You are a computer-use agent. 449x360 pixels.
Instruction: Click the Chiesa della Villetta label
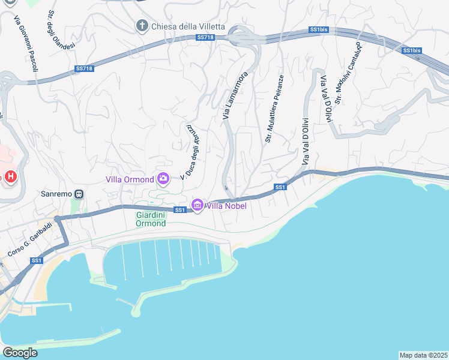click(188, 26)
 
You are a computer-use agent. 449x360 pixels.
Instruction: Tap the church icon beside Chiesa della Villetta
click(142, 26)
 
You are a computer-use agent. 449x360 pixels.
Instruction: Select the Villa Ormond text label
click(130, 179)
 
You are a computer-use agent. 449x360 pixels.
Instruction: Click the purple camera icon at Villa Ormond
click(163, 178)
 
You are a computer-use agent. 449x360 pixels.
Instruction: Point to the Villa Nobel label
click(226, 206)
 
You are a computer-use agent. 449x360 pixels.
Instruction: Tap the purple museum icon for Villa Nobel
click(197, 206)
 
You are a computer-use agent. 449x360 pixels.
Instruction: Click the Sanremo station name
click(56, 194)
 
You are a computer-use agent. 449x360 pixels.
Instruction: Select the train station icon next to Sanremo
click(79, 194)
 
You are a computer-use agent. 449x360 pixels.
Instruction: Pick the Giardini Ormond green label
click(151, 218)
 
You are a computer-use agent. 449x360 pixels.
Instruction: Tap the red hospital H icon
click(10, 177)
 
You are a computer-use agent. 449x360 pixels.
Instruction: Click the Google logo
click(20, 353)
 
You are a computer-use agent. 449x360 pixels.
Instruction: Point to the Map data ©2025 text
click(423, 355)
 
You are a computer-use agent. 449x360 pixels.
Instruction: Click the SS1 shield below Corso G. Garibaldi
click(37, 260)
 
